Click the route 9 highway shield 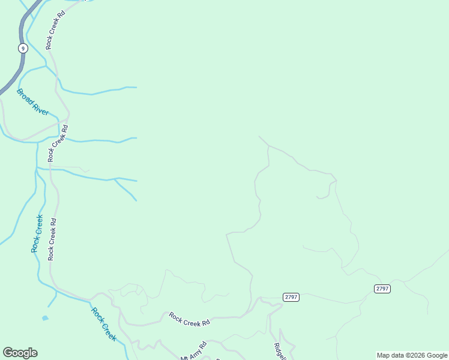point(22,49)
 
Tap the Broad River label point(32,102)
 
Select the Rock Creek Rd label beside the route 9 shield point(55,29)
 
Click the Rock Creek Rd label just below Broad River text point(57,143)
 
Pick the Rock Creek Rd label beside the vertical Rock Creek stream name point(52,239)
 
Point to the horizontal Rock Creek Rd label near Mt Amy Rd point(189,319)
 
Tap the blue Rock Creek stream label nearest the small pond point(103,324)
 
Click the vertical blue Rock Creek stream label point(37,233)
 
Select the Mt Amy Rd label point(194,352)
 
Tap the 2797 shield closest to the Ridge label point(291,297)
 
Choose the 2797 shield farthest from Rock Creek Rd point(382,289)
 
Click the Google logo point(20,353)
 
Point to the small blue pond point(45,318)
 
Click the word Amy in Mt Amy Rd point(195,351)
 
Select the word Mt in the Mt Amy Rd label point(184,358)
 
